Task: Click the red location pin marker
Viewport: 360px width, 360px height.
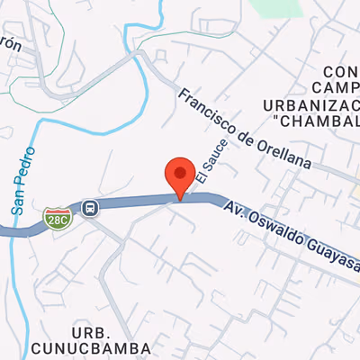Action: point(180,175)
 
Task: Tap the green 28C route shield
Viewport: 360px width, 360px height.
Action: point(57,216)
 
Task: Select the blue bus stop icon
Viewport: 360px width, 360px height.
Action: point(90,208)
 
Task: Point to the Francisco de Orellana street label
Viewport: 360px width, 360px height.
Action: point(243,129)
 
